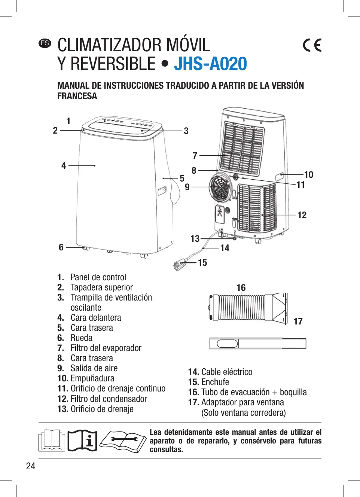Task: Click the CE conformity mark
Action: point(312,45)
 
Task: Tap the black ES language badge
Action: point(45,43)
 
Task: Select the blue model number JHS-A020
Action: point(210,64)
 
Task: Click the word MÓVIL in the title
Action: point(188,45)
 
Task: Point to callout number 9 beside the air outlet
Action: point(187,187)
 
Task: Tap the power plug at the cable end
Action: point(179,265)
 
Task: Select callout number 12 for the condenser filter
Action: point(302,215)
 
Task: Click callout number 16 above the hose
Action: point(241,287)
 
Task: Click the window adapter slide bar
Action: point(258,343)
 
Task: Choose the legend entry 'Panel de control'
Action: point(98,277)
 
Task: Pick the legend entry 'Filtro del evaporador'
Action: point(106,348)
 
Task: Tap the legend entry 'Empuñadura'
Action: point(92,378)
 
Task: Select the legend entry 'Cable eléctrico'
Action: point(227,372)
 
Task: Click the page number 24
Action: point(31,466)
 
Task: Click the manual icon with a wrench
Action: point(123,441)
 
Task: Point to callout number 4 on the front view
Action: point(64,165)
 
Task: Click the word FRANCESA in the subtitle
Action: point(77,96)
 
